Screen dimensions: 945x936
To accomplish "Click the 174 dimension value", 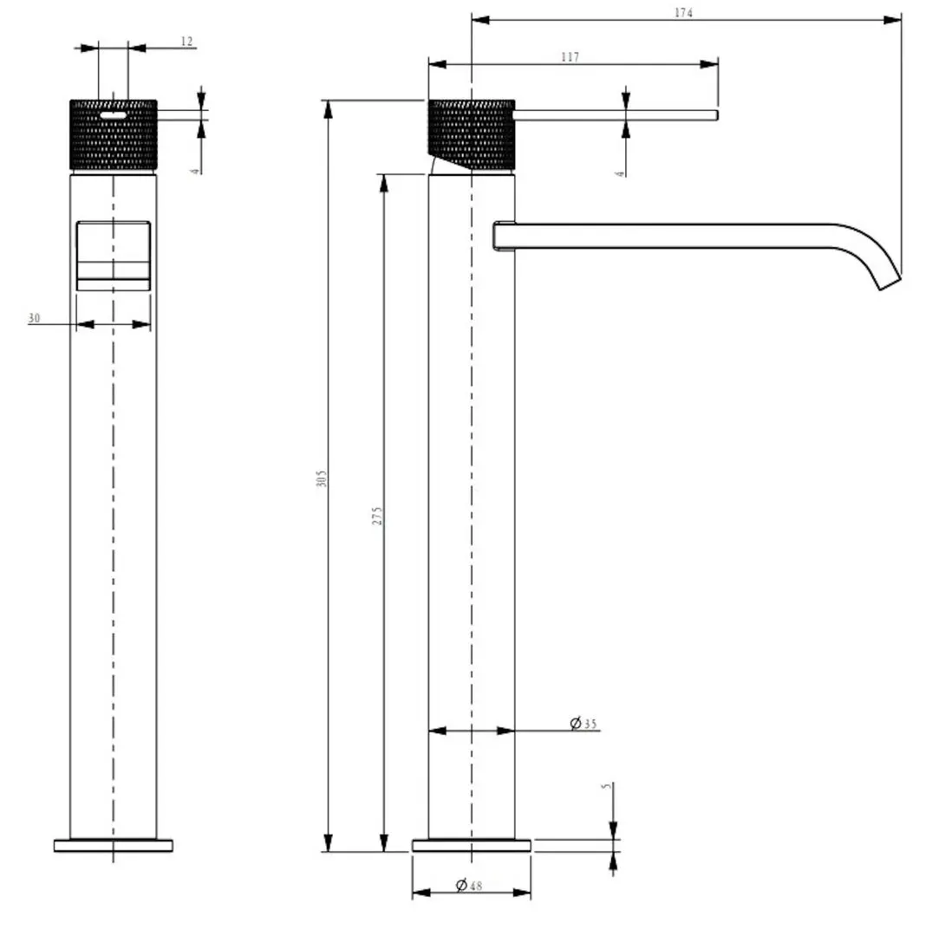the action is tap(683, 13).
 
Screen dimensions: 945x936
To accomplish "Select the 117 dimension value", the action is tap(570, 56).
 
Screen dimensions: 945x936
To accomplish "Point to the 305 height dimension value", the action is tap(322, 479).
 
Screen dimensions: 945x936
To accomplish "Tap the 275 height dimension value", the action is tap(377, 516).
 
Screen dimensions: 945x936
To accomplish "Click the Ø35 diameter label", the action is tap(583, 724).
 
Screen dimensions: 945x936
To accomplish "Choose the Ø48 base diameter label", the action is tap(469, 885).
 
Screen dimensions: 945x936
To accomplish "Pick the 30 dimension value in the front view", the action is tap(35, 317).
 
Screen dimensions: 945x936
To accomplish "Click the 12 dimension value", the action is tap(186, 41).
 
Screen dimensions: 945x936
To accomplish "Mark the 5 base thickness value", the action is tap(606, 786).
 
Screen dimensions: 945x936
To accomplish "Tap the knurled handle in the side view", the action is tap(472, 135).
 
